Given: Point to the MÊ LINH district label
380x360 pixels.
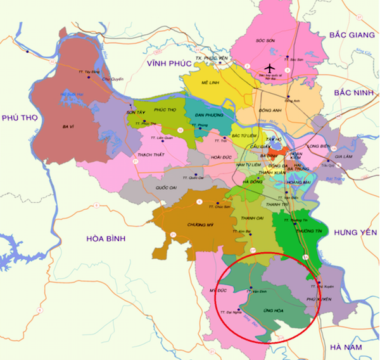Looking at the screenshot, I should pos(210,84).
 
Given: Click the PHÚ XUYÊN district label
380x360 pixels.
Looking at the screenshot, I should pos(319,298).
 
